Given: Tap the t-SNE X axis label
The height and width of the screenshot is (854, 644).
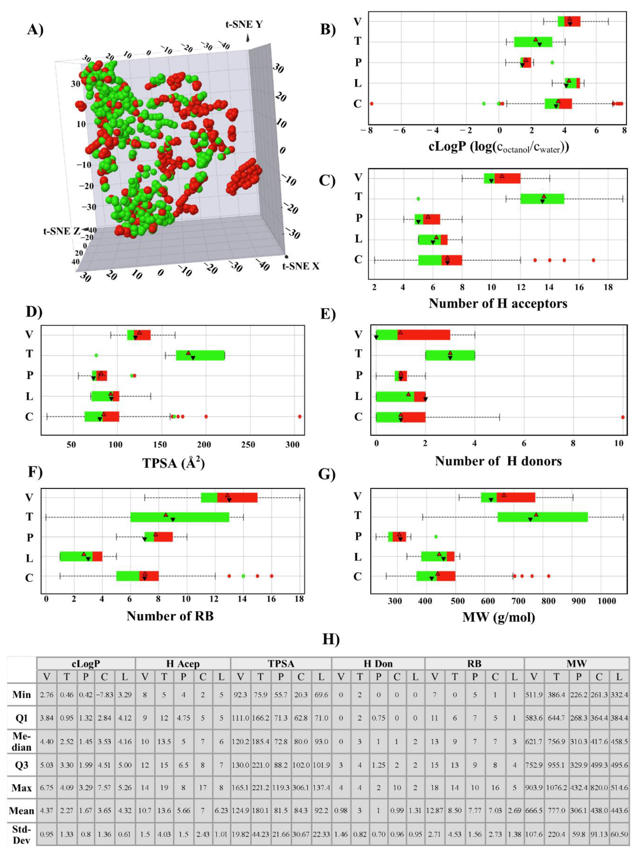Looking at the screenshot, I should tap(301, 266).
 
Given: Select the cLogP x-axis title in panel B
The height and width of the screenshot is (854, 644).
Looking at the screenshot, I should tap(499, 147).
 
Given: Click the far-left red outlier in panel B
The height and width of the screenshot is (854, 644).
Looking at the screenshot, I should tap(371, 104).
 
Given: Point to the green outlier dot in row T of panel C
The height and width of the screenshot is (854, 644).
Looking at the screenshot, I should tap(418, 199).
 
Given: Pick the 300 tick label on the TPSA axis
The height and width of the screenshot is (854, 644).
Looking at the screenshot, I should tap(292, 445).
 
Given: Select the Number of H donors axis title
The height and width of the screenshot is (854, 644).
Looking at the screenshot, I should tap(498, 461).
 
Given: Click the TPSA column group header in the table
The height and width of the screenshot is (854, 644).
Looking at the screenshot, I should tap(281, 664).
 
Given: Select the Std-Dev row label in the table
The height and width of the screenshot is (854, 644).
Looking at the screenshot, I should tap(22, 834).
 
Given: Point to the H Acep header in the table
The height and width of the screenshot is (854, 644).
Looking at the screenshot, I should tap(183, 664).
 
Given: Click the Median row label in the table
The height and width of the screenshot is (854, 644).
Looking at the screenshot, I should tap(22, 742).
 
